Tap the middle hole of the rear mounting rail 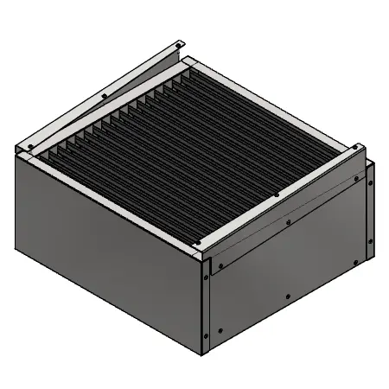coord(104,95)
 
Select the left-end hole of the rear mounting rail coord(29,147)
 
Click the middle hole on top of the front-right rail coord(275,195)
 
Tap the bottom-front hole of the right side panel coord(221,329)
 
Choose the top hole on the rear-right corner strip coord(369,182)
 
